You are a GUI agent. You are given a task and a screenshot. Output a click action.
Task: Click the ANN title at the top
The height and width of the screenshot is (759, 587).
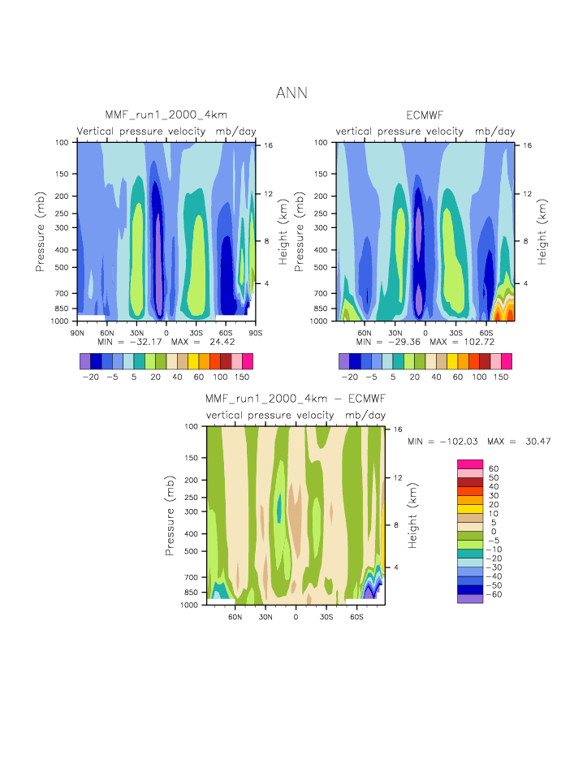291,93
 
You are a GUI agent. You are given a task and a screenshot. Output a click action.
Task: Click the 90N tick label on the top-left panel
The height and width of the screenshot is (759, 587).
78,332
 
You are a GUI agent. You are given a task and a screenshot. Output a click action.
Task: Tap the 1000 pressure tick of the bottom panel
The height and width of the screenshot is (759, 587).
190,605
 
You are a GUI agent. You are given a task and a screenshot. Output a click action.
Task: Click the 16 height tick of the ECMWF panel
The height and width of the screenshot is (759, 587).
526,145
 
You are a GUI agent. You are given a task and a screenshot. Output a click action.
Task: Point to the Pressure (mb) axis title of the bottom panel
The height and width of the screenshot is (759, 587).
170,515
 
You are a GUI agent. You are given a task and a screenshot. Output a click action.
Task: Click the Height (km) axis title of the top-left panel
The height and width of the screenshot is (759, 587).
283,232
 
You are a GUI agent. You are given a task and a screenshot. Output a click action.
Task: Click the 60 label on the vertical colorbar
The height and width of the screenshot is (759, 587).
492,469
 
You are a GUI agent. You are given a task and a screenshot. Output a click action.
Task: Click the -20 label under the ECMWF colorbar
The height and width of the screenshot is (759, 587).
349,377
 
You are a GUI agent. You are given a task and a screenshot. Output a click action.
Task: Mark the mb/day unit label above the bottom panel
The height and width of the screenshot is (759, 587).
365,415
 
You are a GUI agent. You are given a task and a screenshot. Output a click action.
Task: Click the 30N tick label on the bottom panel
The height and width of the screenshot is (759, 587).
265,616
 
